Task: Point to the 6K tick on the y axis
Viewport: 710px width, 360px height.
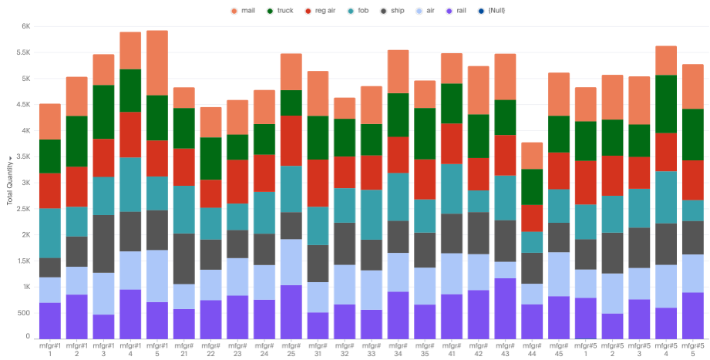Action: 25,26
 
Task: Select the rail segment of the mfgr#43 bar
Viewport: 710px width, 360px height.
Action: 505,308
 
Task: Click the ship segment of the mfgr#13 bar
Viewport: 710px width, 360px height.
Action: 103,244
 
